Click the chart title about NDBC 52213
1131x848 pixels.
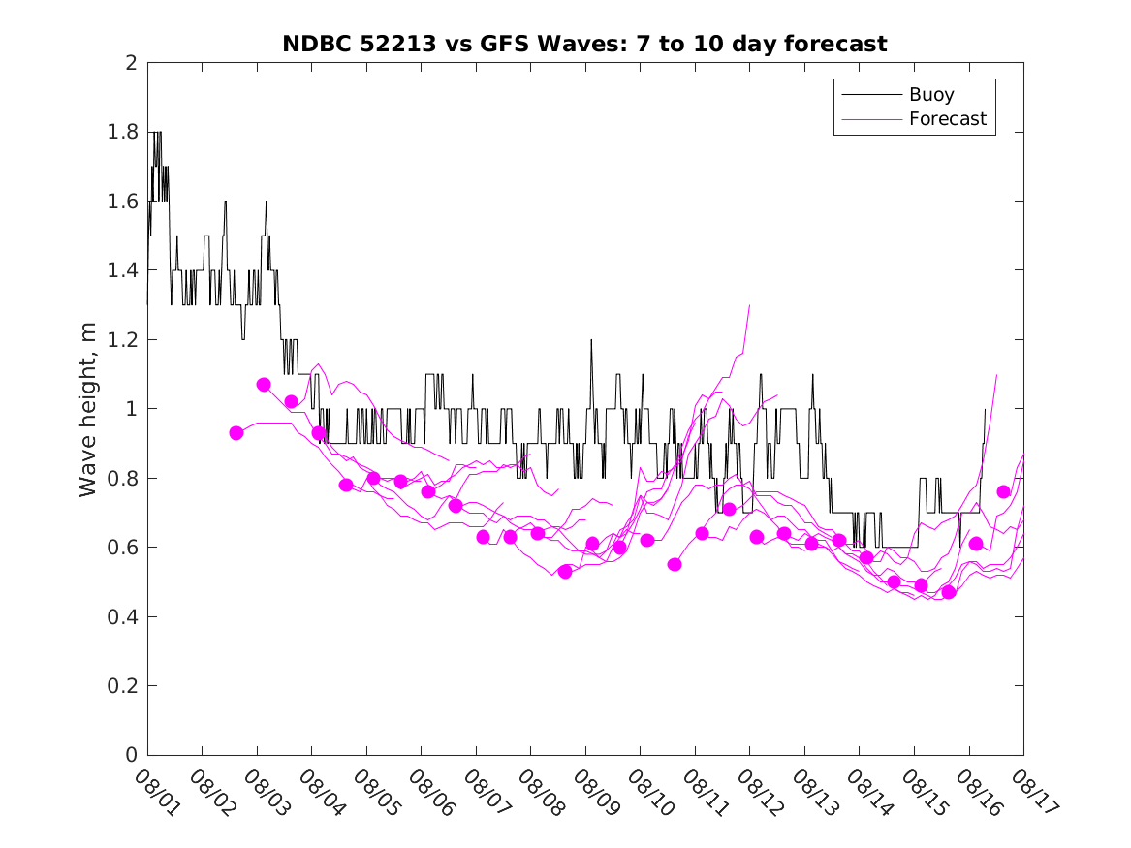tap(584, 44)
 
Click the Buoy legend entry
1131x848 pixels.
tap(930, 95)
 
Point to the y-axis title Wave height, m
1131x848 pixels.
tap(88, 409)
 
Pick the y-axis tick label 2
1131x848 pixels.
tap(130, 63)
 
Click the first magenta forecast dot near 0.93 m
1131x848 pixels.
tap(236, 433)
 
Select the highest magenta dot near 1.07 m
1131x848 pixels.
tap(264, 385)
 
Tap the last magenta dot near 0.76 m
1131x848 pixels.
tap(1003, 491)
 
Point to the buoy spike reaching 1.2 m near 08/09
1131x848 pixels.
tap(591, 340)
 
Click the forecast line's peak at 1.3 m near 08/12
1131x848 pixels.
tap(749, 305)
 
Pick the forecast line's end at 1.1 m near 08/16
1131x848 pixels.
tap(996, 374)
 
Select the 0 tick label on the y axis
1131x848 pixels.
tap(130, 755)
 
